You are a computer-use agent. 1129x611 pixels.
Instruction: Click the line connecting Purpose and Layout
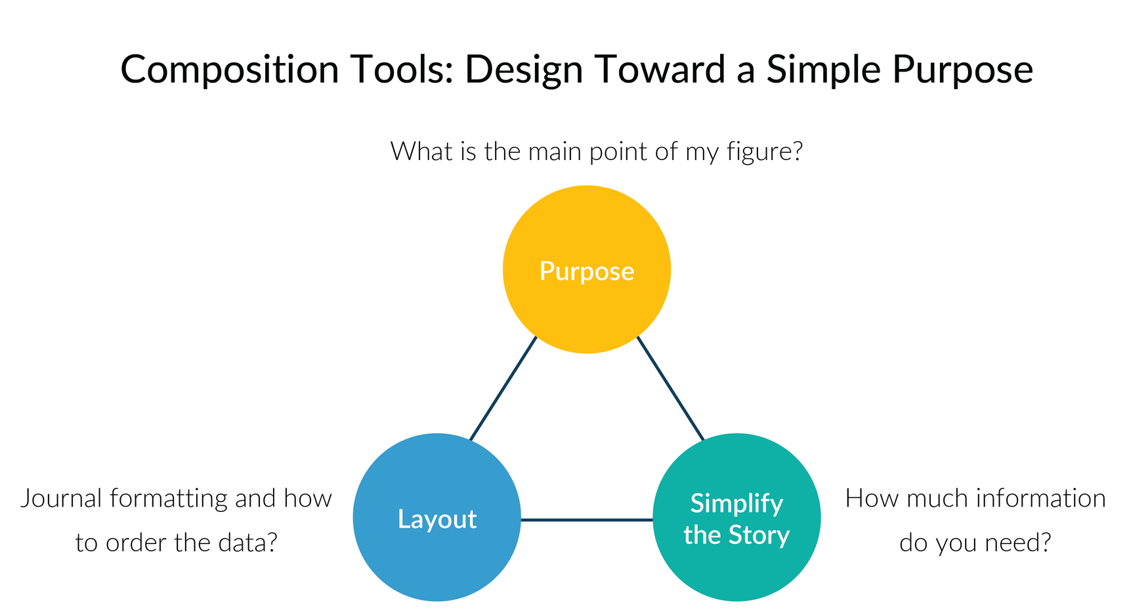click(x=503, y=389)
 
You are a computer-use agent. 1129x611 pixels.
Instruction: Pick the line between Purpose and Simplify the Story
click(x=670, y=389)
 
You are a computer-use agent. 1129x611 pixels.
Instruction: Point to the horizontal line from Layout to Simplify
click(x=586, y=520)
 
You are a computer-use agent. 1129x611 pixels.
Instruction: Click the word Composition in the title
click(x=230, y=70)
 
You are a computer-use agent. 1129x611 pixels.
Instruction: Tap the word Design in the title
click(x=524, y=70)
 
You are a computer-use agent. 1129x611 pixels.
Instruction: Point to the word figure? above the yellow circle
click(x=765, y=152)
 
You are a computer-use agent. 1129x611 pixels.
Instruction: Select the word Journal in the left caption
click(x=62, y=499)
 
